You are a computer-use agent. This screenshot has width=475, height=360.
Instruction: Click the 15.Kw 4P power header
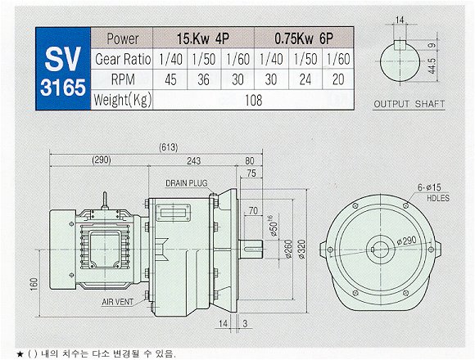pyautogui.click(x=203, y=38)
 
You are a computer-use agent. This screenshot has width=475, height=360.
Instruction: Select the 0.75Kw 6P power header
pyautogui.click(x=304, y=38)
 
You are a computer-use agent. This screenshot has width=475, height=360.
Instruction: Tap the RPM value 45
pyautogui.click(x=170, y=79)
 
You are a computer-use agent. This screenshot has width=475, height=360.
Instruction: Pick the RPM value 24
pyautogui.click(x=305, y=79)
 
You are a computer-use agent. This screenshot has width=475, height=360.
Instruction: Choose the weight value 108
pyautogui.click(x=254, y=100)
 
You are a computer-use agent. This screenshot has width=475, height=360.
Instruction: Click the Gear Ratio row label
pyautogui.click(x=123, y=59)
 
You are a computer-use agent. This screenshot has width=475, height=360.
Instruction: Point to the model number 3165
pyautogui.click(x=63, y=88)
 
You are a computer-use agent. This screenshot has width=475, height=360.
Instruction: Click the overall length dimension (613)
pyautogui.click(x=169, y=147)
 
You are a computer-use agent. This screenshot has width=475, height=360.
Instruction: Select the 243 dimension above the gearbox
pyautogui.click(x=193, y=160)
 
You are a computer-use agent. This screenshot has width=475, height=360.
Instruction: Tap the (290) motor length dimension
pyautogui.click(x=102, y=160)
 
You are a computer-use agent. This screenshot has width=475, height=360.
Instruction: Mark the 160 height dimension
pyautogui.click(x=34, y=285)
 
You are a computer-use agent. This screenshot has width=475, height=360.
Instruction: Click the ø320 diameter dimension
pyautogui.click(x=301, y=250)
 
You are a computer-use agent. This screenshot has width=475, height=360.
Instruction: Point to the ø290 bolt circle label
pyautogui.click(x=406, y=241)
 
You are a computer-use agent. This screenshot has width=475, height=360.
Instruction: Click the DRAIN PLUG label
pyautogui.click(x=187, y=183)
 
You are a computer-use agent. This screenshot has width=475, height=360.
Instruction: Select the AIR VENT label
pyautogui.click(x=118, y=302)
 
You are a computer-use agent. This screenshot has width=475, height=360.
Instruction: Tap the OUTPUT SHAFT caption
pyautogui.click(x=409, y=104)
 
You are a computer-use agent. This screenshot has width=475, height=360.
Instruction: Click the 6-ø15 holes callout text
pyautogui.click(x=429, y=187)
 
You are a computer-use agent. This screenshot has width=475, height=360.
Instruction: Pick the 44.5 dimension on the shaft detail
pyautogui.click(x=432, y=65)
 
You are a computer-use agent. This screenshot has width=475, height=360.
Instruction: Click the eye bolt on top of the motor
pyautogui.click(x=105, y=200)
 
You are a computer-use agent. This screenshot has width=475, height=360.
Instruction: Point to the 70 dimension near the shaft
pyautogui.click(x=253, y=210)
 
